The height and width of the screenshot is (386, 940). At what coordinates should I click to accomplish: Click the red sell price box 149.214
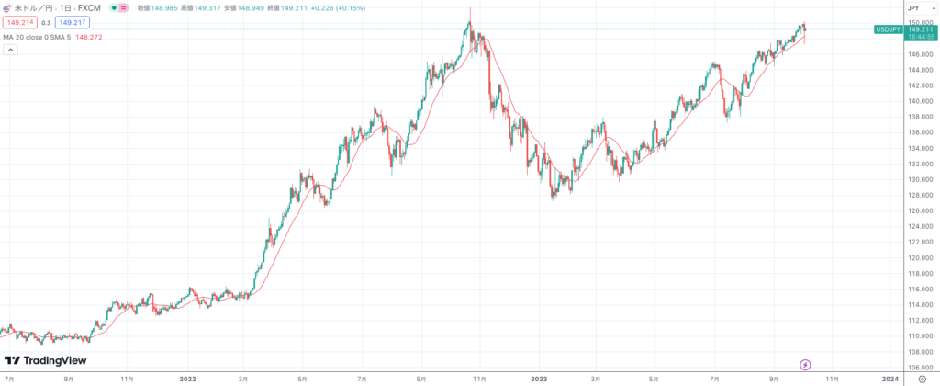tap(19, 22)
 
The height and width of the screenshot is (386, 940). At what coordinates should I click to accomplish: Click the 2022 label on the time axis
tap(188, 378)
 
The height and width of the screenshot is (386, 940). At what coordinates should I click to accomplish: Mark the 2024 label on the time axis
tap(890, 378)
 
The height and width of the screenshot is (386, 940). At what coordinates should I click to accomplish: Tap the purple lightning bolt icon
tap(806, 365)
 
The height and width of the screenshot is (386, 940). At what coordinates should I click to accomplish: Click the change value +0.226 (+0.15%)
tap(339, 7)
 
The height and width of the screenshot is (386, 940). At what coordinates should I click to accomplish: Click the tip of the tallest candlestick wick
tap(470, 7)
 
